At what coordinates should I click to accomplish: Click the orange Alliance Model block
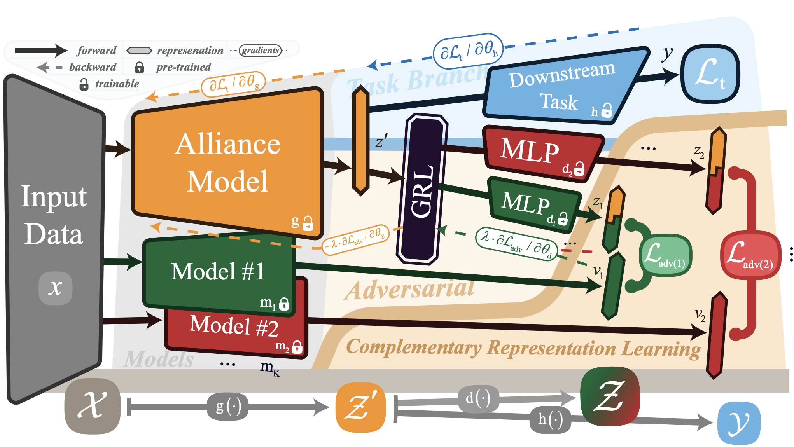coord(227,163)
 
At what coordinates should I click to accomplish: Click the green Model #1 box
coord(218,272)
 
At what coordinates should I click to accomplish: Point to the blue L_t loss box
coord(710,74)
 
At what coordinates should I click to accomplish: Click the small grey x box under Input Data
coord(55,288)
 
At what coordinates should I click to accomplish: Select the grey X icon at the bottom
coord(93,406)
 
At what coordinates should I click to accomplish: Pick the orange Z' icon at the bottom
coord(360,407)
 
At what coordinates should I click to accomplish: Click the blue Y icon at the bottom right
coord(738,423)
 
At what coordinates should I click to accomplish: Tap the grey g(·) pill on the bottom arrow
coord(228,407)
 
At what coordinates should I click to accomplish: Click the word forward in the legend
coord(96,51)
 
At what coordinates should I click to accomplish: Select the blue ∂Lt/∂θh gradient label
coord(468,51)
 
